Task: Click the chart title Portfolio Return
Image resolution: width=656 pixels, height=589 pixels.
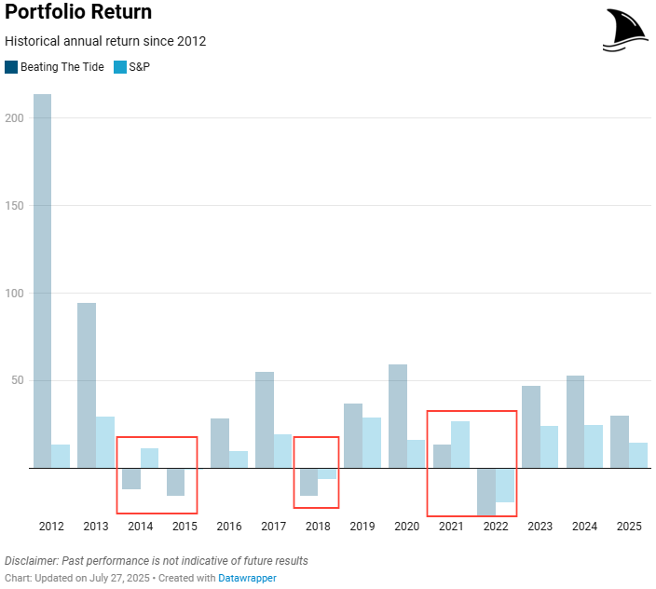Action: [78, 13]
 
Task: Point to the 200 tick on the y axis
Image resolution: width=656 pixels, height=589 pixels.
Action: [13, 118]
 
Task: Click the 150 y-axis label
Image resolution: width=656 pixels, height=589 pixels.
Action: [13, 206]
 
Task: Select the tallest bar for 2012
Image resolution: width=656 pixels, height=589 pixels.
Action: [42, 280]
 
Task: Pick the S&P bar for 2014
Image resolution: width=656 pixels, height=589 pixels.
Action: [149, 458]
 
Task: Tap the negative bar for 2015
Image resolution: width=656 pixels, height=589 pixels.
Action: [175, 481]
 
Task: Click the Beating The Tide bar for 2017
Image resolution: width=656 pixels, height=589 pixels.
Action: [265, 419]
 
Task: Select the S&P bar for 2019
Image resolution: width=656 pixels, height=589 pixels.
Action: [372, 442]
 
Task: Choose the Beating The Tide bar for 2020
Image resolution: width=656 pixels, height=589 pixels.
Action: [398, 416]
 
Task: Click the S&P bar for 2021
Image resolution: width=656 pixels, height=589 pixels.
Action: [460, 444]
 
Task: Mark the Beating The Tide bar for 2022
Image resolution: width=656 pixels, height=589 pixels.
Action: [486, 491]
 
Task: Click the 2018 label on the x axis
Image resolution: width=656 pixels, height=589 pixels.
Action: [318, 527]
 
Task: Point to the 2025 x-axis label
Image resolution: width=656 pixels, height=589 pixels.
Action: [629, 527]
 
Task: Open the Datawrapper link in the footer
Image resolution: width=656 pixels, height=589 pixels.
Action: [247, 578]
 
